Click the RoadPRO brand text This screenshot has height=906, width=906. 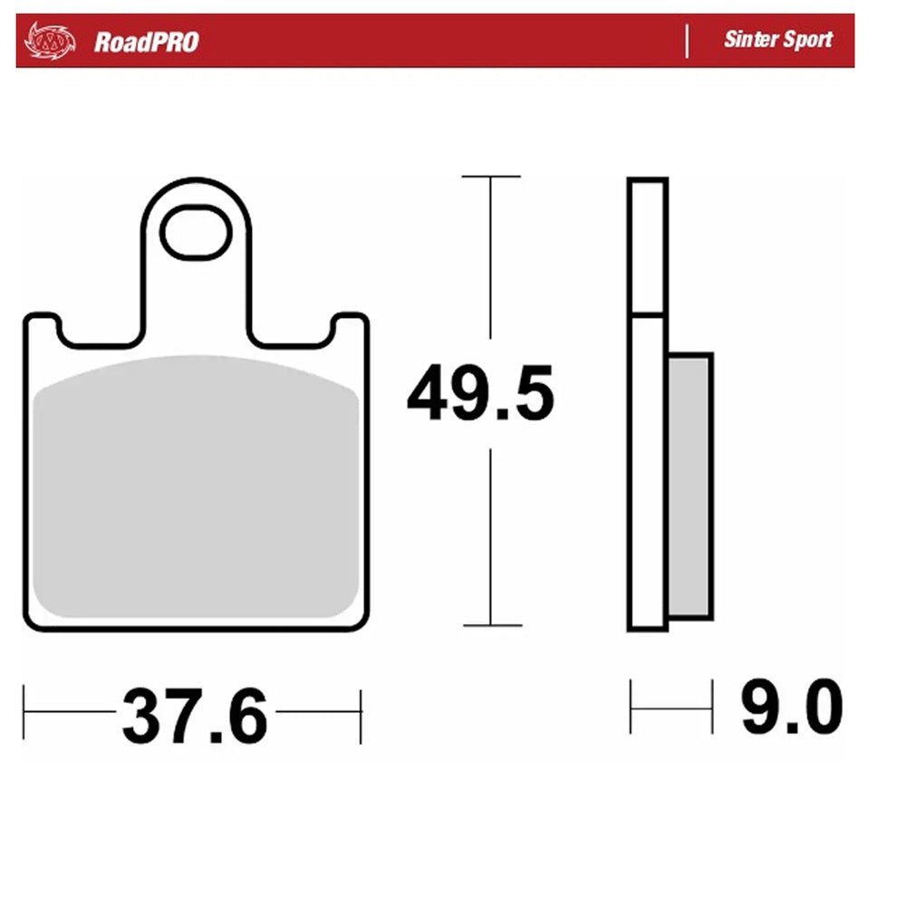(x=145, y=42)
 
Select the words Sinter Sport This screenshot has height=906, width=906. (x=777, y=40)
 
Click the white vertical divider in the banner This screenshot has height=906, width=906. (x=687, y=41)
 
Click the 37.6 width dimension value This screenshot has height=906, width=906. (x=195, y=716)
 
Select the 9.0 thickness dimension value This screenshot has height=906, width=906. (x=791, y=708)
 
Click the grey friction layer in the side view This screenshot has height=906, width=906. (x=690, y=485)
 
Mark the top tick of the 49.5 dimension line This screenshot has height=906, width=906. (x=491, y=177)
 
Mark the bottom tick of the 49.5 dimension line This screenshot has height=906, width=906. (x=491, y=625)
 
